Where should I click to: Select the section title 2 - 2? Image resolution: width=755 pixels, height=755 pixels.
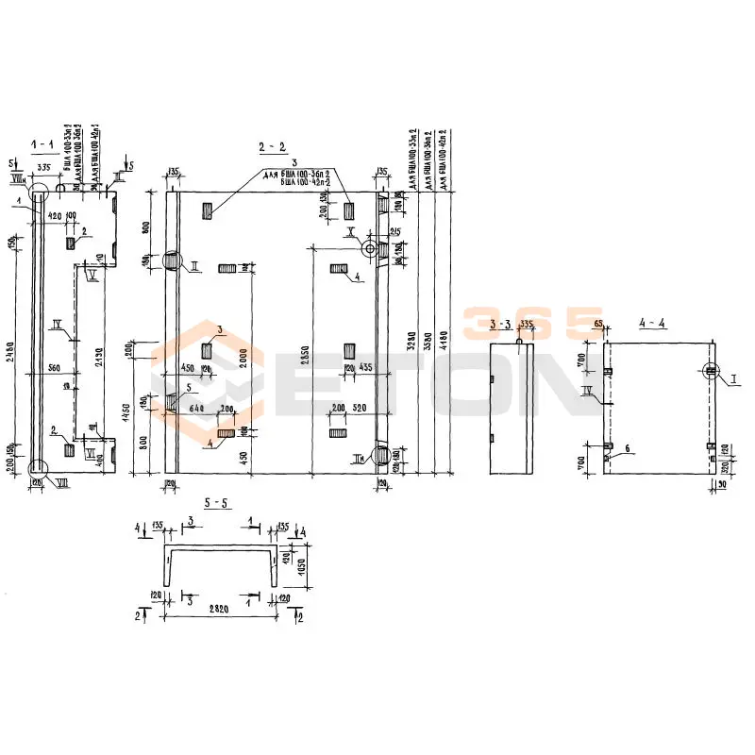(272, 146)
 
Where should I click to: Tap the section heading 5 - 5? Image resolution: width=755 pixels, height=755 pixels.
(216, 503)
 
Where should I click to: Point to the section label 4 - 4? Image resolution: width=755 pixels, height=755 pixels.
(652, 324)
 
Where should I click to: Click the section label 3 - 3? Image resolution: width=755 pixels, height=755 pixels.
(502, 325)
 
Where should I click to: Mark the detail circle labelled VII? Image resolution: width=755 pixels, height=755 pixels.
(38, 467)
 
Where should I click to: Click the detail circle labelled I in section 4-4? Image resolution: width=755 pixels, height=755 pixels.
(711, 370)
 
